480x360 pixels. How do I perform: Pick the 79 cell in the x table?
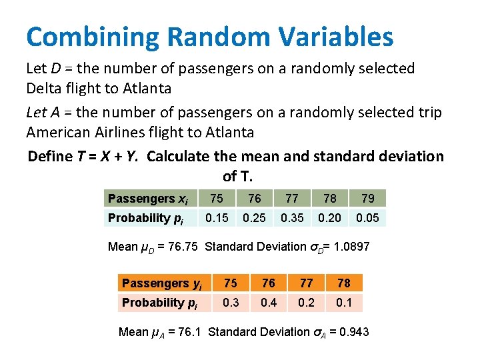[x=368, y=199]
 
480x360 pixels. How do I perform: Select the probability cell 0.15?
[x=217, y=218]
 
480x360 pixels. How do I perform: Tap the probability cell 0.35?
[x=292, y=218]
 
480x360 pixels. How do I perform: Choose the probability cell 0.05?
[x=368, y=218]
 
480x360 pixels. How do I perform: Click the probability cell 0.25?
[x=254, y=218]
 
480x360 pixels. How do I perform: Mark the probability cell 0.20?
[x=330, y=218]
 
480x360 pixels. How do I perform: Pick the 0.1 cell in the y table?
[x=345, y=303]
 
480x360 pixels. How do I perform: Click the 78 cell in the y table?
[x=345, y=283]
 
